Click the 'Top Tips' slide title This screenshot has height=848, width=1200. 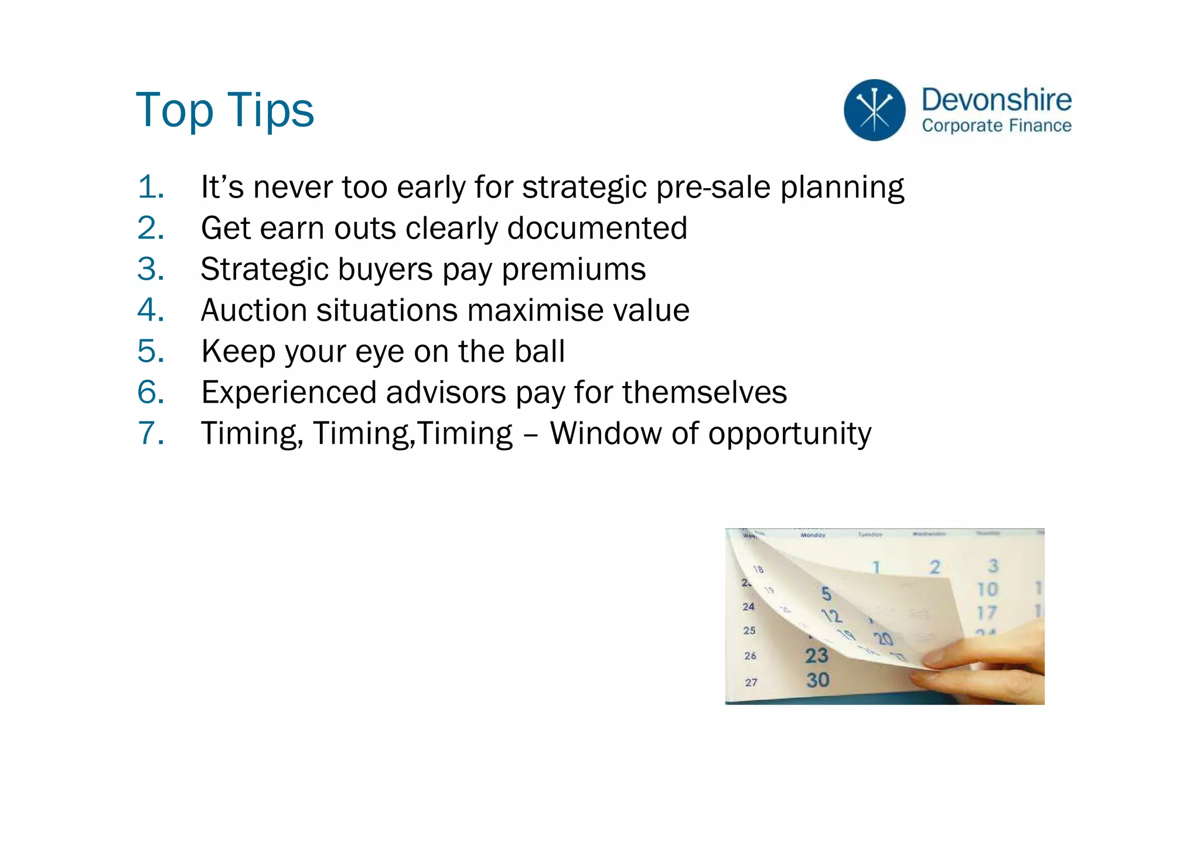pos(224,110)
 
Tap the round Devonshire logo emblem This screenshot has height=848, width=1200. pos(874,110)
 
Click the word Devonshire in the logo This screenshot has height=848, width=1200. pos(996,100)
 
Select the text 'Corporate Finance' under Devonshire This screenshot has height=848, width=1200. pos(996,125)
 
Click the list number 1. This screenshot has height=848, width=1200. pos(150,188)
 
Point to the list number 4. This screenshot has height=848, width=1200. pos(150,310)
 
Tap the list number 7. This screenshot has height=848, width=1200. pos(150,433)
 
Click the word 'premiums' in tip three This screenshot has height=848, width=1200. pos(574,270)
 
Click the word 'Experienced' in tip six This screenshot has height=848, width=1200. pos(288,392)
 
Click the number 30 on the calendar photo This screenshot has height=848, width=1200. pos(817,680)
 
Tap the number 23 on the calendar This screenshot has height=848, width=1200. pos(816,655)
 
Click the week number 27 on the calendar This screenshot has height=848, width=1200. pos(751,682)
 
